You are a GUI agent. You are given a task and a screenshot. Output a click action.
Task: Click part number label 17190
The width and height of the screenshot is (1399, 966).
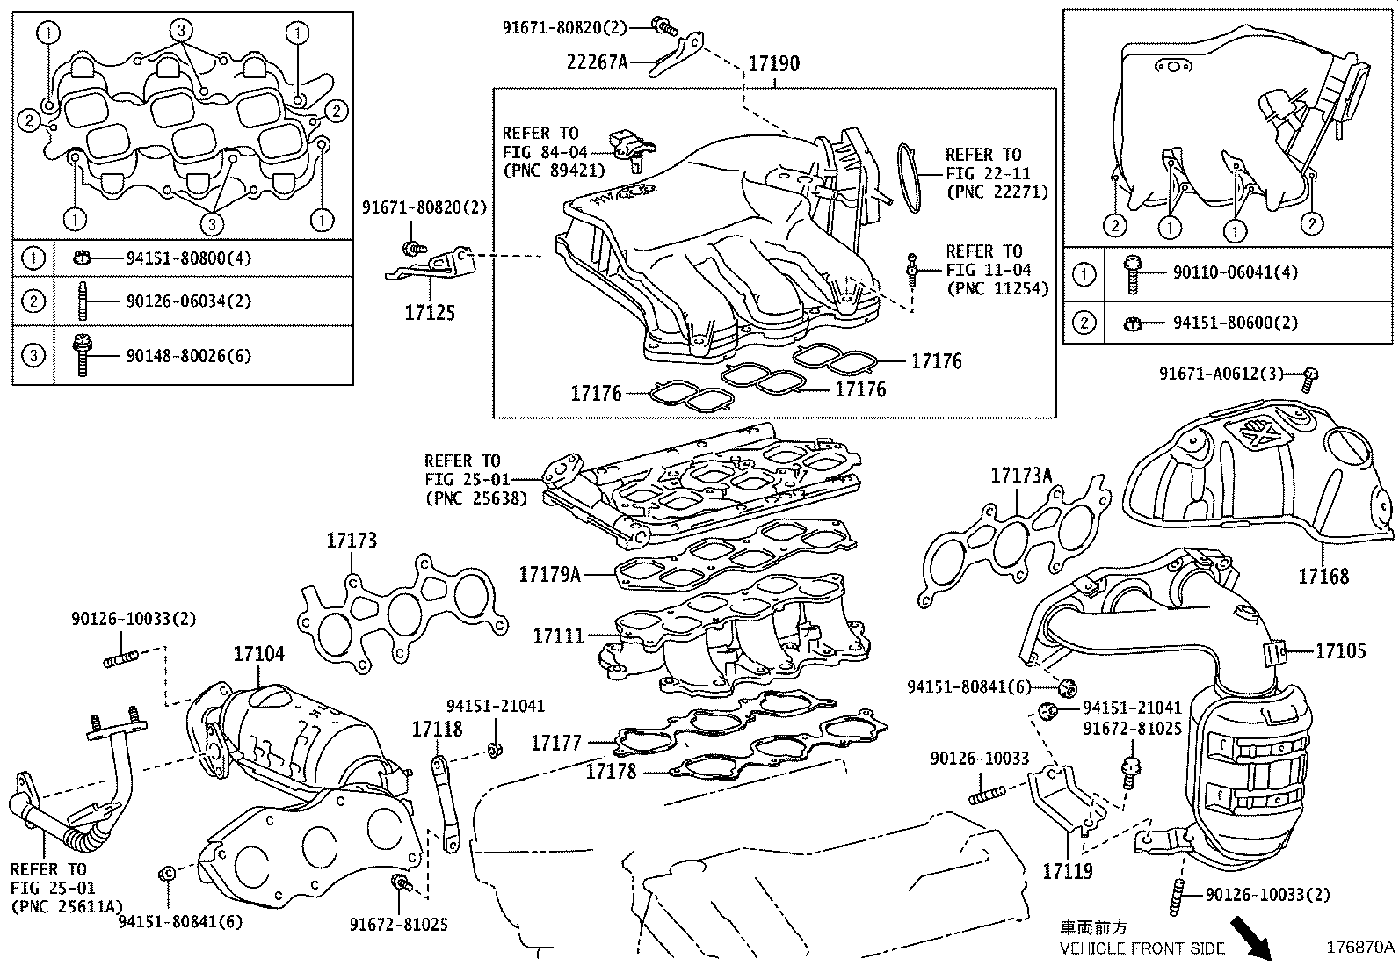click(x=773, y=64)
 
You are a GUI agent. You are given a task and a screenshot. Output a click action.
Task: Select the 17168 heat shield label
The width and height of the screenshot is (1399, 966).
click(x=1323, y=577)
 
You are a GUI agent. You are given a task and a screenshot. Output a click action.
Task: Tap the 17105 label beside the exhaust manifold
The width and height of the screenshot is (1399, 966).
click(x=1340, y=650)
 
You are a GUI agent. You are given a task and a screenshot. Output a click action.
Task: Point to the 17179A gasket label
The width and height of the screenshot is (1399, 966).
click(x=549, y=575)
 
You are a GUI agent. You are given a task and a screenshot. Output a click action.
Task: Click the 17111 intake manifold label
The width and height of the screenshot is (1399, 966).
click(x=558, y=635)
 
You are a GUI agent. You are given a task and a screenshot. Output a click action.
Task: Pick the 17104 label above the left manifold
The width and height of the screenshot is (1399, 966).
click(x=258, y=654)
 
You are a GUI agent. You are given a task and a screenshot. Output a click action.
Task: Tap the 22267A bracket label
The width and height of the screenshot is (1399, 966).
click(x=598, y=62)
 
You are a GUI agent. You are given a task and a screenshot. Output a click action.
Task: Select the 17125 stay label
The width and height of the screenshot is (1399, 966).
click(x=430, y=313)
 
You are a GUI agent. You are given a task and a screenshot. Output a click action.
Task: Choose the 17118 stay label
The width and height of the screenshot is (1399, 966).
click(x=437, y=729)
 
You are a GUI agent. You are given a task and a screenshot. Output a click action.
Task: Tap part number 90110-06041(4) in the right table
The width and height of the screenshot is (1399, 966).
click(x=1235, y=273)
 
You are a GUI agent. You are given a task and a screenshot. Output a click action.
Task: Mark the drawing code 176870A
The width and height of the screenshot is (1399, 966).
click(x=1360, y=947)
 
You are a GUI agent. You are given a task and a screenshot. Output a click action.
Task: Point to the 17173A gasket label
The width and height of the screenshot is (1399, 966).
click(x=1020, y=476)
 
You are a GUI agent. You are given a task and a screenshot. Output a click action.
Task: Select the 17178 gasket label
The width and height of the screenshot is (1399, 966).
click(x=613, y=772)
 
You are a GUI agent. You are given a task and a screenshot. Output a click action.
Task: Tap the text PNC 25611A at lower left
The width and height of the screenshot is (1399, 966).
click(x=67, y=906)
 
